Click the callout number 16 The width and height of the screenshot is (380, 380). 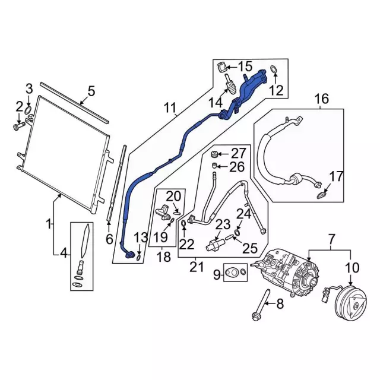point(321,99)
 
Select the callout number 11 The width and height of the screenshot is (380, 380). point(170,108)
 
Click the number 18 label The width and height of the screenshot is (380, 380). point(164,256)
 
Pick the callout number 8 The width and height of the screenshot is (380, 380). point(281,305)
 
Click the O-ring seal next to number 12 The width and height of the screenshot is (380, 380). point(273,71)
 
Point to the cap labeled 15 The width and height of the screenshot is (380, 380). point(221,66)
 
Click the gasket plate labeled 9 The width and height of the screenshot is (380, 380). point(237,273)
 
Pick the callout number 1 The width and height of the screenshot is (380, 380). point(49,224)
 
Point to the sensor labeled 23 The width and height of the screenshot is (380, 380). point(216,243)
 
